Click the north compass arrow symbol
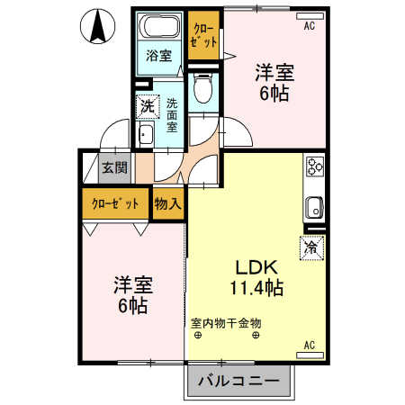pyautogui.click(x=96, y=28)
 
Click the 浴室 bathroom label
pyautogui.click(x=158, y=56)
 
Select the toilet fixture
pyautogui.click(x=202, y=87)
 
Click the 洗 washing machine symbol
pyautogui.click(x=147, y=106)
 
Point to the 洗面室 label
pyautogui.click(x=173, y=114)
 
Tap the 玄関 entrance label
pyautogui.click(x=113, y=167)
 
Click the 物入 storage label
pyautogui.click(x=168, y=203)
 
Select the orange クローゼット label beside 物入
pyautogui.click(x=115, y=203)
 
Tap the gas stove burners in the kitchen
pyautogui.click(x=315, y=166)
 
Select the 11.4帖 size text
pyautogui.click(x=256, y=288)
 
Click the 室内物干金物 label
pyautogui.click(x=226, y=321)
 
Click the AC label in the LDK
pyautogui.click(x=309, y=345)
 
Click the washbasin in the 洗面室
pyautogui.click(x=145, y=135)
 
